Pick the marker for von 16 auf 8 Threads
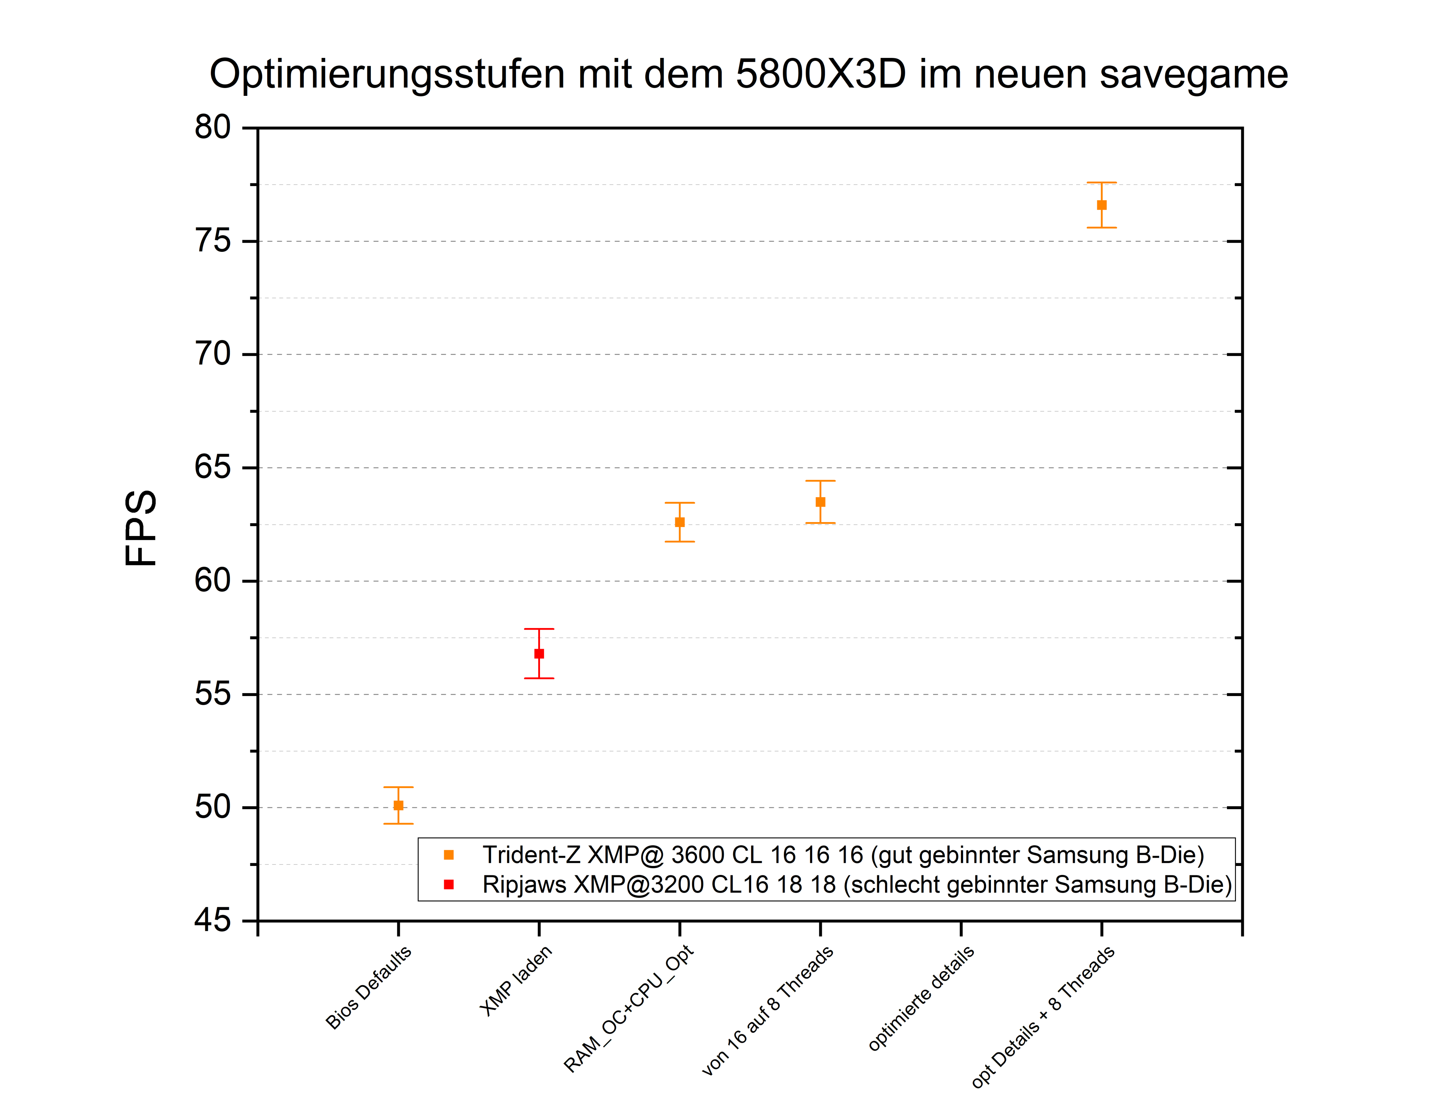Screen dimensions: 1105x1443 point(820,502)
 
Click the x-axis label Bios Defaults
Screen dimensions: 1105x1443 point(368,987)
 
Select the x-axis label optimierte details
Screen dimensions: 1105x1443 point(921,998)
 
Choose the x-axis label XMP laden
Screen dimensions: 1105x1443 point(516,980)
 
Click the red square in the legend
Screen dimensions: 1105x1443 point(449,884)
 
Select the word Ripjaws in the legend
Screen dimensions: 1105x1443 point(523,885)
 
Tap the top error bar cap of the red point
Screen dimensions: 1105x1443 point(538,629)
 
